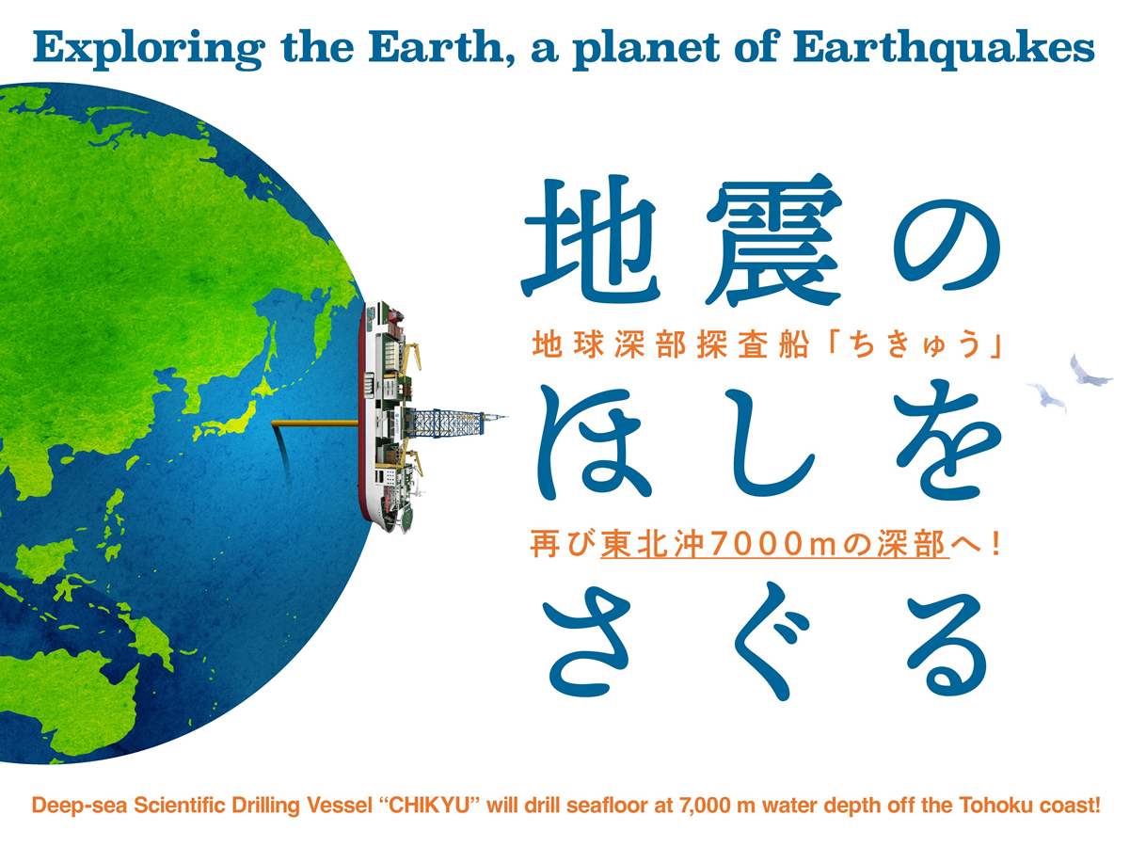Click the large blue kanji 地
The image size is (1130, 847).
coord(591,238)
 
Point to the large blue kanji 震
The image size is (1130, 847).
coord(773,239)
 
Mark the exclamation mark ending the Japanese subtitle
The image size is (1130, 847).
coord(996,544)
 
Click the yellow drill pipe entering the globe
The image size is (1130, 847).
coord(315,423)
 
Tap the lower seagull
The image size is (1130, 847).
coord(1047,396)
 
